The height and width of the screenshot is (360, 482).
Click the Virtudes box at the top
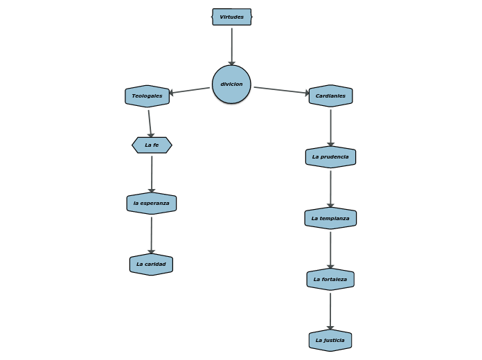(x=231, y=17)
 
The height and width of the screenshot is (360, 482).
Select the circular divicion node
(x=231, y=84)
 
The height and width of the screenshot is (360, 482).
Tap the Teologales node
(x=147, y=96)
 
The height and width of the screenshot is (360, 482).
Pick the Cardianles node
(x=330, y=96)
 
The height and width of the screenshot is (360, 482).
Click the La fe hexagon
(x=152, y=145)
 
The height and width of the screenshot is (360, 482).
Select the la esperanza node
(x=151, y=204)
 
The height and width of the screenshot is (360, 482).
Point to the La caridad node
(x=151, y=264)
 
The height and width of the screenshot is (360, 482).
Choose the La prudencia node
(x=330, y=157)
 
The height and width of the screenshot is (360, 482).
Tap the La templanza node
(x=330, y=218)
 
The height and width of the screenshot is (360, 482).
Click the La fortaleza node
(x=330, y=279)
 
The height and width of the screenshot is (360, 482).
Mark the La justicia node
(x=330, y=341)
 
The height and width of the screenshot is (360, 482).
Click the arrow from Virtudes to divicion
(x=231, y=46)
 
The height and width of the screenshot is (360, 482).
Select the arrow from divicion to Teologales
(x=190, y=91)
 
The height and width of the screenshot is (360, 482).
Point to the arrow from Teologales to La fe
(x=150, y=123)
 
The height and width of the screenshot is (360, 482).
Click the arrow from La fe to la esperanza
(x=152, y=174)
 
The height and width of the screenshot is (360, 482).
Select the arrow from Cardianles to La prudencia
(x=330, y=127)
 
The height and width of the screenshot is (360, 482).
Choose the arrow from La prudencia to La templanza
(x=330, y=188)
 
